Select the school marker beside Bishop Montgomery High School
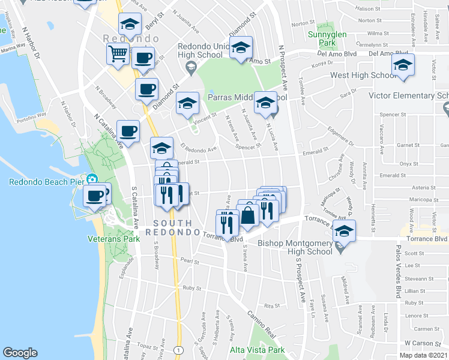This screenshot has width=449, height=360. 344,230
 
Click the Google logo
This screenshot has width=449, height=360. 20,353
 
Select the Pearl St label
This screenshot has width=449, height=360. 189,261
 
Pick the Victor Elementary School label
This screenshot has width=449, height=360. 412,96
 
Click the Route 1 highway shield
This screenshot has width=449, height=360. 178,349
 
